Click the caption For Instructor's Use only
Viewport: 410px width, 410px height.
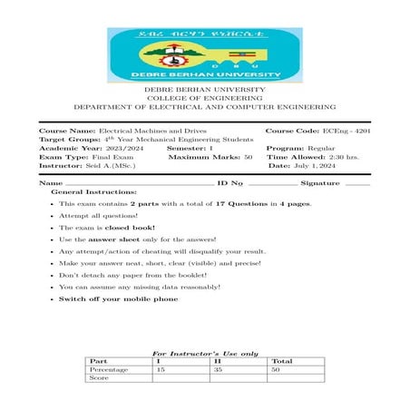click(x=205, y=352)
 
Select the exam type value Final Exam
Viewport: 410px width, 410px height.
click(x=100, y=157)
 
